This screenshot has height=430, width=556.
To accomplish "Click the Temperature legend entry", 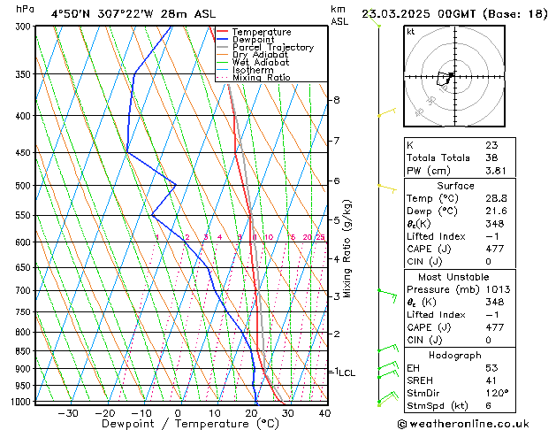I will pos(261,32).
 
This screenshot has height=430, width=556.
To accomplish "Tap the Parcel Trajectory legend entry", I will pos(272,47).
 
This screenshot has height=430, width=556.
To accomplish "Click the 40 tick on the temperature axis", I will pos(324,413).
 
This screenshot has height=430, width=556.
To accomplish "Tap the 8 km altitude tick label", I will pos(337,100).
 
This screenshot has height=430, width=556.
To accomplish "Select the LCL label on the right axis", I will pos(347,373).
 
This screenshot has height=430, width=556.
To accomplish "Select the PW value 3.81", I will pos(495,171).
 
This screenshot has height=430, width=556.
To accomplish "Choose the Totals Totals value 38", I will pos(491,157).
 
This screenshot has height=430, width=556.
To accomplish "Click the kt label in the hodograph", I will pos(411,31).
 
